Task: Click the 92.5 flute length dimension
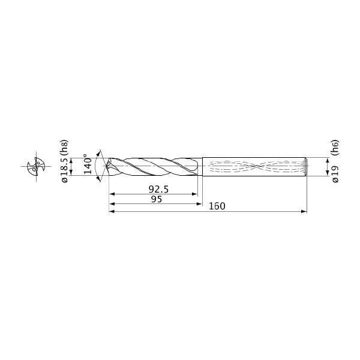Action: (x=158, y=190)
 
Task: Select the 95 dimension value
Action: (x=157, y=199)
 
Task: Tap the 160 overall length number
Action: (x=217, y=206)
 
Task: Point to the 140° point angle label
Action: (x=88, y=164)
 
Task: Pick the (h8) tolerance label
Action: (x=65, y=147)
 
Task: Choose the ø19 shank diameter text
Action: (x=335, y=174)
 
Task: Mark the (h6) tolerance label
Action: (x=335, y=147)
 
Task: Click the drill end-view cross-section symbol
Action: (x=36, y=166)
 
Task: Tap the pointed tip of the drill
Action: (x=106, y=166)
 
